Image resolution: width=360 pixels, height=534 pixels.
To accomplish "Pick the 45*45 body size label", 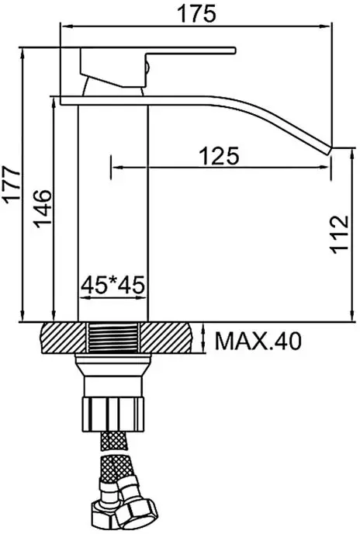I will pos(114,285).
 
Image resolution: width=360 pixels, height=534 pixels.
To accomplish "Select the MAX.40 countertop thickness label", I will pos(257,340).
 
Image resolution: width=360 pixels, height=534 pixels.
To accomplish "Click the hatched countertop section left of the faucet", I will pos(61,339).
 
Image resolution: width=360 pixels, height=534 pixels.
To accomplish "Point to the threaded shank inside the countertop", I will pos(114,339).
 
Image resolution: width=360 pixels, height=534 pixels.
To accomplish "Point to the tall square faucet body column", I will pos(114,202).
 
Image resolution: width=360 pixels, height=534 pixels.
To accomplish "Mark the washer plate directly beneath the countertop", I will pos(114,360).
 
